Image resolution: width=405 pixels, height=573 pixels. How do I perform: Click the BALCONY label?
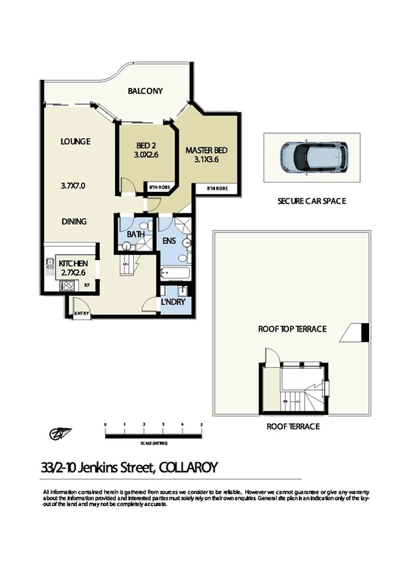pos(145,91)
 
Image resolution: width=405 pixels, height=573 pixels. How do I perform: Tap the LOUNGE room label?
pos(75,141)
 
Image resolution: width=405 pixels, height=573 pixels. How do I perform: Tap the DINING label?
pos(74,221)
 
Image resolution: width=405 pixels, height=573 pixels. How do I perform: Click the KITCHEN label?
pos(74,263)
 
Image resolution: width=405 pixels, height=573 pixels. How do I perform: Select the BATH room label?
pos(137,234)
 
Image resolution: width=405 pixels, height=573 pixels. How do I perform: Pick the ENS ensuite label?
pos(169,240)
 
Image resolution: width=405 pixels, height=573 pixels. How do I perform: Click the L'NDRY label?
pos(174,304)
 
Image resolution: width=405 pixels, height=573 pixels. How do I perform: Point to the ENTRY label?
pos(80,312)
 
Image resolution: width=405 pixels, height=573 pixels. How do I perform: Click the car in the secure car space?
pos(312,156)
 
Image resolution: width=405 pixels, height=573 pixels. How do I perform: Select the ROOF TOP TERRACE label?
pos(292,329)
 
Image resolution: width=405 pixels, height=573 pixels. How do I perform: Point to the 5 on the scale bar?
pos(201,424)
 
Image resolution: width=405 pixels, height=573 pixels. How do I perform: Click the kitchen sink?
pos(50,263)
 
